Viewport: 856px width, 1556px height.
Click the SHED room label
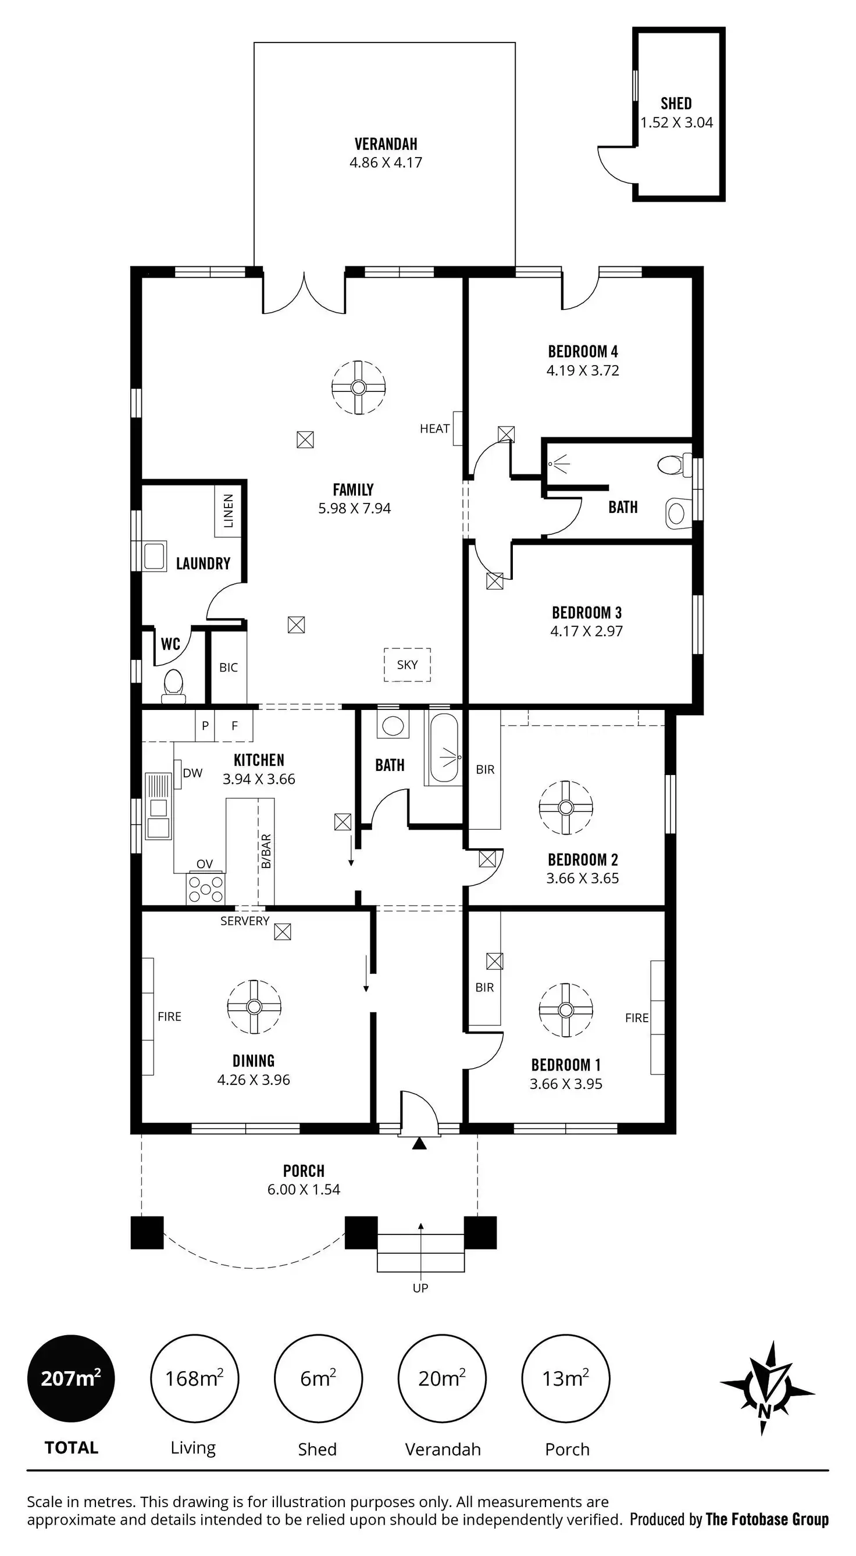676,104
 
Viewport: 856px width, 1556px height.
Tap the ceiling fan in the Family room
359,387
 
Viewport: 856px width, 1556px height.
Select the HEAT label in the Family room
434,429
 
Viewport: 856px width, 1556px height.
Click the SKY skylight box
407,665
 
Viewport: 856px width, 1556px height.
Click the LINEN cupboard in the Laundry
228,511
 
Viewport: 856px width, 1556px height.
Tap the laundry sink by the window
154,556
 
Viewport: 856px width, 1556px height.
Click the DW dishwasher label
192,773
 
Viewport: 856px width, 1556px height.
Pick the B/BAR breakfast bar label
266,851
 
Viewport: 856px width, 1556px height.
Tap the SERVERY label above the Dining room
245,921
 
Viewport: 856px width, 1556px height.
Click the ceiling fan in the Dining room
254,1007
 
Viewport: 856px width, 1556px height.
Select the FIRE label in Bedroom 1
637,1018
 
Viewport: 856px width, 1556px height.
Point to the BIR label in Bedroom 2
485,769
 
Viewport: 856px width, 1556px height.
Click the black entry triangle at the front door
419,1143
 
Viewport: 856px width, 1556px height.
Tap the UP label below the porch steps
420,1288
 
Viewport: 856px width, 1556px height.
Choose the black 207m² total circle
71,1379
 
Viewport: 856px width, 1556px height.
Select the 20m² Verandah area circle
442,1379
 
